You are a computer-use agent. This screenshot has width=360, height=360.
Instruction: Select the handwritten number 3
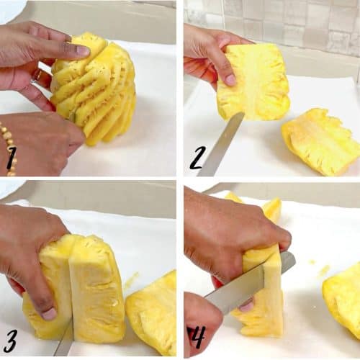(10, 341)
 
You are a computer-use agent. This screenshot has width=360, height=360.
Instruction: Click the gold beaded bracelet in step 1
(9, 149)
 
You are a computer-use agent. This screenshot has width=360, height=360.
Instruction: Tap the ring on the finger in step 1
(38, 76)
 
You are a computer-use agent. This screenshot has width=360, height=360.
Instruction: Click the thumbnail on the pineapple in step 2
(230, 80)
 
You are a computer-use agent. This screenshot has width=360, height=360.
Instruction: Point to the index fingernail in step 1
(83, 51)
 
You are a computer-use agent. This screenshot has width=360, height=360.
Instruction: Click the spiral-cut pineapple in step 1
(94, 89)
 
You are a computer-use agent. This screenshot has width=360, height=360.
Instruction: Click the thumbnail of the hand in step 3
(49, 314)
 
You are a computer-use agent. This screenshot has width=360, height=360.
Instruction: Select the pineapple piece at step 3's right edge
(151, 315)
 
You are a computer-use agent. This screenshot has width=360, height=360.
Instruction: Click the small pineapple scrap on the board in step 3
(132, 279)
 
